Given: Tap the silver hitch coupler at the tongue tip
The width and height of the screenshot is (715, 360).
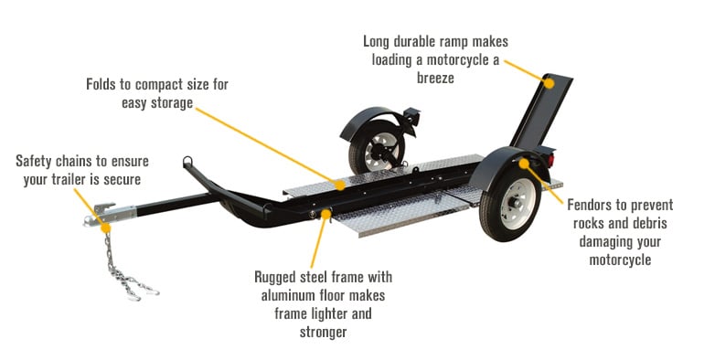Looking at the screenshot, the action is click(x=94, y=219).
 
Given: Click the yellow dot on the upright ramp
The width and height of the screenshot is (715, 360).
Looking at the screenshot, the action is click(x=550, y=81).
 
